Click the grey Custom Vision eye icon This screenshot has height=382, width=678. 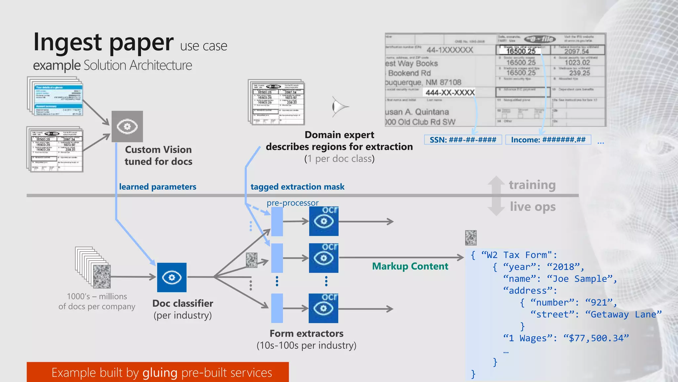[127, 127]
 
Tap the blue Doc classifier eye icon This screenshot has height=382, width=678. [171, 278]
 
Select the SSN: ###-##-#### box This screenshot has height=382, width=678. [463, 140]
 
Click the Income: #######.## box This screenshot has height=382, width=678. [548, 140]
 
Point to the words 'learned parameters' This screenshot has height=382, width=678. [158, 187]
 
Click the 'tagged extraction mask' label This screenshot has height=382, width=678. [297, 187]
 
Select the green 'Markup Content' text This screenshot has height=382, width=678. [410, 266]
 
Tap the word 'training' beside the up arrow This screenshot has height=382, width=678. [532, 185]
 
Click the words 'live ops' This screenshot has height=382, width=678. [533, 207]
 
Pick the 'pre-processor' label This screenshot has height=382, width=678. [293, 203]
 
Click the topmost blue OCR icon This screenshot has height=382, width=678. [324, 221]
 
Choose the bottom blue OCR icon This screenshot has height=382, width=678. [323, 308]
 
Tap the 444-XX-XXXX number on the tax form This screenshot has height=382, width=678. [450, 93]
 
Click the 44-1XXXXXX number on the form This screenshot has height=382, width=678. [450, 50]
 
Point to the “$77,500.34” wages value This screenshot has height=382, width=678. [596, 338]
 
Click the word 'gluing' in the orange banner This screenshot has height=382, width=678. [160, 373]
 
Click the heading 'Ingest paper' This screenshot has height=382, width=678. [103, 42]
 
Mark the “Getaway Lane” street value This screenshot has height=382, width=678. [623, 314]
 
